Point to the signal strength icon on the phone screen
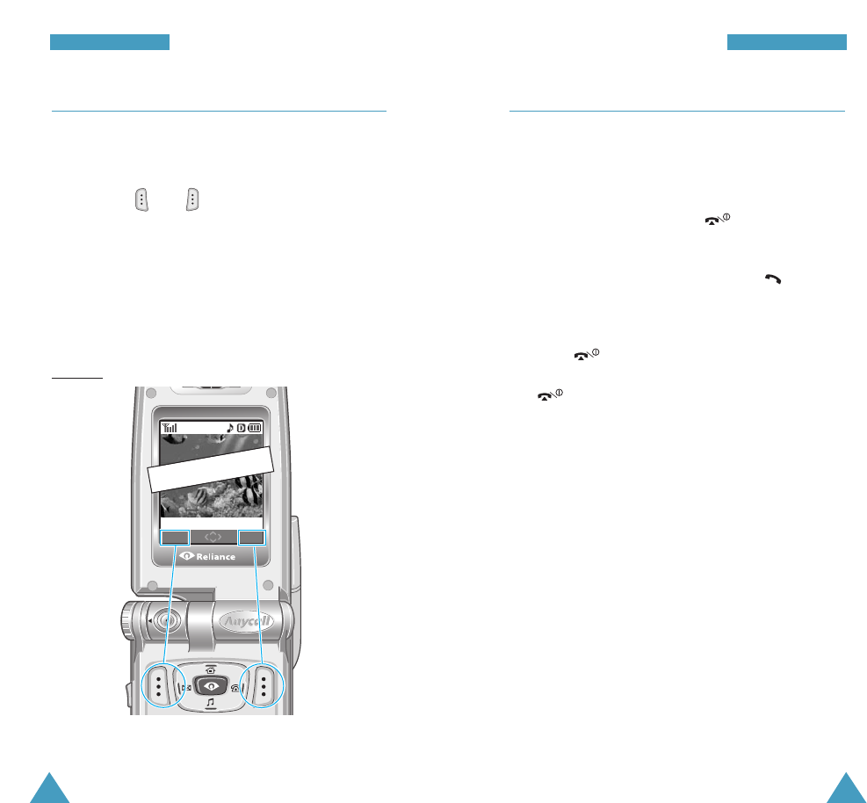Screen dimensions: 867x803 click(x=170, y=428)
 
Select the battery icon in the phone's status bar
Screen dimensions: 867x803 click(x=256, y=428)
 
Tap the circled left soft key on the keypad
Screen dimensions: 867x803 click(x=159, y=684)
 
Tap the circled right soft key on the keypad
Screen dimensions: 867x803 click(x=263, y=684)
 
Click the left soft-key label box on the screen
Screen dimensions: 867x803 click(x=174, y=537)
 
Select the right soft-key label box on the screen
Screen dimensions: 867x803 click(x=252, y=537)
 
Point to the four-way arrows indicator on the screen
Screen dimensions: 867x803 click(x=213, y=536)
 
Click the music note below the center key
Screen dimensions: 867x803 click(x=211, y=703)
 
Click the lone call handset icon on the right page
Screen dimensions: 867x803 click(x=772, y=278)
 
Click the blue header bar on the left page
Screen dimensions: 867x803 click(x=109, y=42)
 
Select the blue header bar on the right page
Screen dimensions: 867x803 click(x=786, y=42)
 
